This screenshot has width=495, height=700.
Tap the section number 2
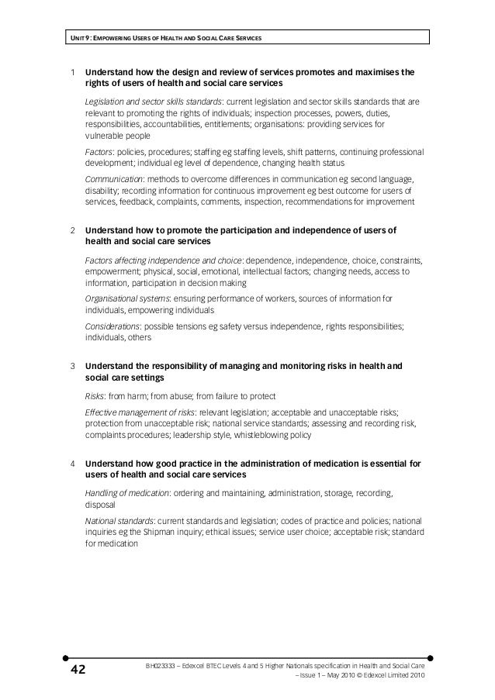[72, 230]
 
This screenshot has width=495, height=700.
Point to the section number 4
[72, 464]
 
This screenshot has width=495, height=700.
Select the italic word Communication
[115, 178]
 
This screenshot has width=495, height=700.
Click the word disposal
[100, 505]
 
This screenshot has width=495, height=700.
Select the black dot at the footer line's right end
[430, 653]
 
